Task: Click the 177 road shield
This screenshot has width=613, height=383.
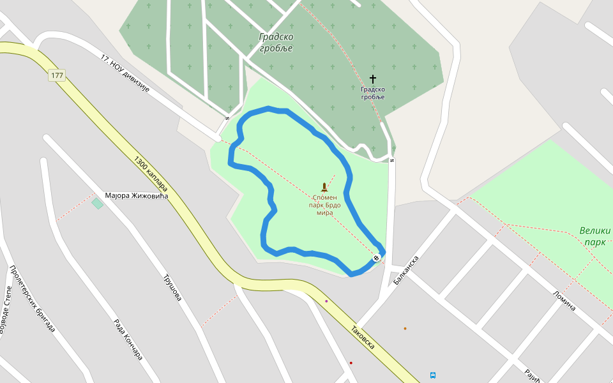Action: [x=57, y=75]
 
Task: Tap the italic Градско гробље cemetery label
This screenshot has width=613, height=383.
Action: [x=276, y=42]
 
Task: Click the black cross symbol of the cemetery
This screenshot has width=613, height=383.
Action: [x=373, y=79]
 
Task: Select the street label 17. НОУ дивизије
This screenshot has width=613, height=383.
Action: [x=125, y=73]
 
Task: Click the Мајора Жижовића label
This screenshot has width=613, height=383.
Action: [x=136, y=196]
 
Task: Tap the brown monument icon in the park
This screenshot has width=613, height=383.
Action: [x=324, y=187]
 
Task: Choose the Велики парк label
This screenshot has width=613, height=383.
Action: [x=595, y=236]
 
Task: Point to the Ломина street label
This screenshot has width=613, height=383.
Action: [x=564, y=300]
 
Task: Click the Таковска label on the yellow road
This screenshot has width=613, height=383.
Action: [x=363, y=338]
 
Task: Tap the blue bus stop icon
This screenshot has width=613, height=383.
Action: [x=433, y=375]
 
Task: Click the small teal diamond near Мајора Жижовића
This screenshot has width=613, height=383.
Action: [x=97, y=204]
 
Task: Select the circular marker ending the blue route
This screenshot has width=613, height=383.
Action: [x=376, y=258]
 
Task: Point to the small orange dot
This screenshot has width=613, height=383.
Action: [x=405, y=329]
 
